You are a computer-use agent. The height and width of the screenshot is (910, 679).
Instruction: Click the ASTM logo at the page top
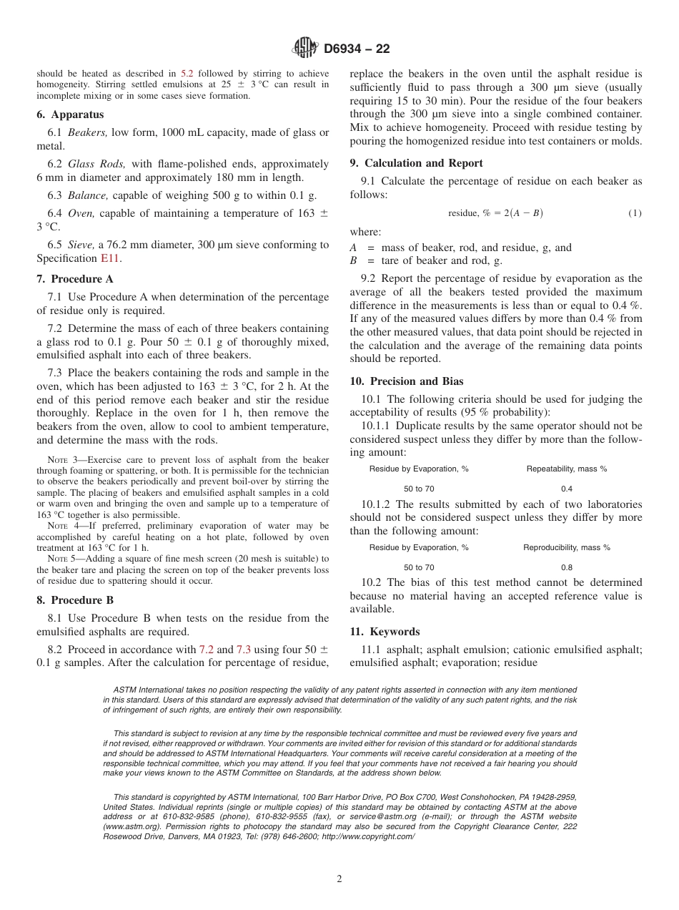pos(305,49)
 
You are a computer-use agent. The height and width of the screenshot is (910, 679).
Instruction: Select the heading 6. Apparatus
pos(70,114)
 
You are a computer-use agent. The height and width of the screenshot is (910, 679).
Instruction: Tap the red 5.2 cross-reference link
pos(187,73)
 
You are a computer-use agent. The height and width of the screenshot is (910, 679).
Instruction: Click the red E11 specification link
pos(109,258)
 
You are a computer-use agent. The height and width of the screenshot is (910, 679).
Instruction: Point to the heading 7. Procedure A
pos(74,279)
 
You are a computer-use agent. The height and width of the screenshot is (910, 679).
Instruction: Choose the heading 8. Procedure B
pos(74,600)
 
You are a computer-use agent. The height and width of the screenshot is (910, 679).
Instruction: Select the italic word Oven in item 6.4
pos(81,213)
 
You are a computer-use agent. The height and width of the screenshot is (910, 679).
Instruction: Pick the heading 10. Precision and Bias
pos(406,381)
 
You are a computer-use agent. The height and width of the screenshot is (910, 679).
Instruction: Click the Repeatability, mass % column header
pos(566,469)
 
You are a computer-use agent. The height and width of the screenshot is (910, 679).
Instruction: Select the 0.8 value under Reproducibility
pos(566,567)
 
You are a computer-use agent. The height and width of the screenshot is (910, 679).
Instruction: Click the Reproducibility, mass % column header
pos(566,547)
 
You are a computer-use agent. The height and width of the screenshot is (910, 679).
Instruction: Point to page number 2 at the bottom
pos(339,879)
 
